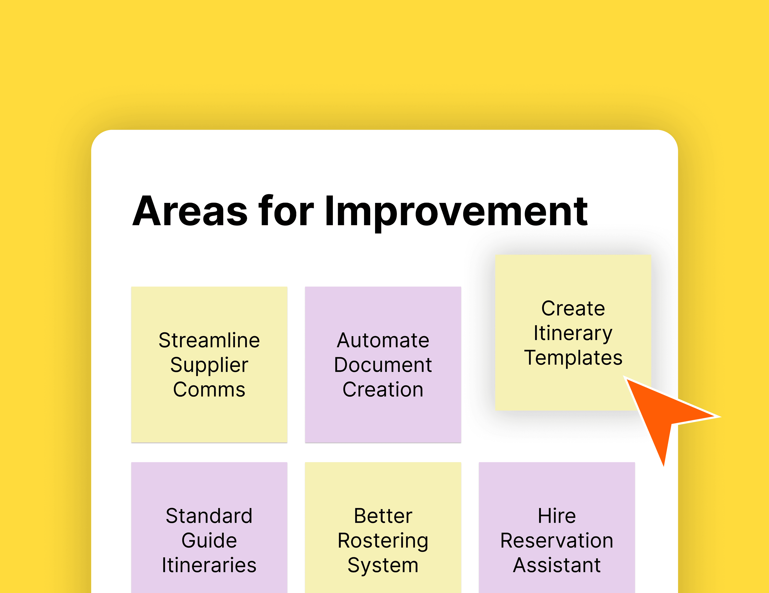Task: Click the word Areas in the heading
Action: pos(190,211)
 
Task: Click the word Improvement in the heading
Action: pos(456,211)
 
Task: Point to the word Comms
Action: pos(209,390)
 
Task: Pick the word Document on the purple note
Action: pos(383,365)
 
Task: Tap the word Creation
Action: pos(383,390)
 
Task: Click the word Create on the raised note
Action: pos(573,309)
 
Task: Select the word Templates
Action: pos(573,358)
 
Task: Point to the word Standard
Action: pos(209,516)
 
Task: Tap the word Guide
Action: pos(209,541)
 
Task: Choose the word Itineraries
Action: pos(209,565)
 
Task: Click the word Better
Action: pos(383,516)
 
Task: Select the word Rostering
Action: pos(383,541)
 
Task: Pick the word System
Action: pos(383,565)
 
